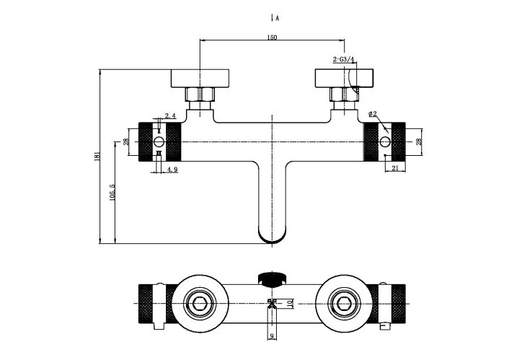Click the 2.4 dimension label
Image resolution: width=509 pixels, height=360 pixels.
(170, 115)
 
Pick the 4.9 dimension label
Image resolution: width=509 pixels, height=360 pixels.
(172, 170)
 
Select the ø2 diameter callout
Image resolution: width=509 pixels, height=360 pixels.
(373, 114)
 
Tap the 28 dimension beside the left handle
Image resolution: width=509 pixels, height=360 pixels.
(125, 142)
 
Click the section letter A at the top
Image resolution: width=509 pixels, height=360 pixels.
(277, 17)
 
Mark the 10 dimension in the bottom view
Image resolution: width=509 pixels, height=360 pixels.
(289, 304)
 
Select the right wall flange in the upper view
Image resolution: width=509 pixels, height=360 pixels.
(344, 77)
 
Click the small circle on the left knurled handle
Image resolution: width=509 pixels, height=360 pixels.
(159, 141)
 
